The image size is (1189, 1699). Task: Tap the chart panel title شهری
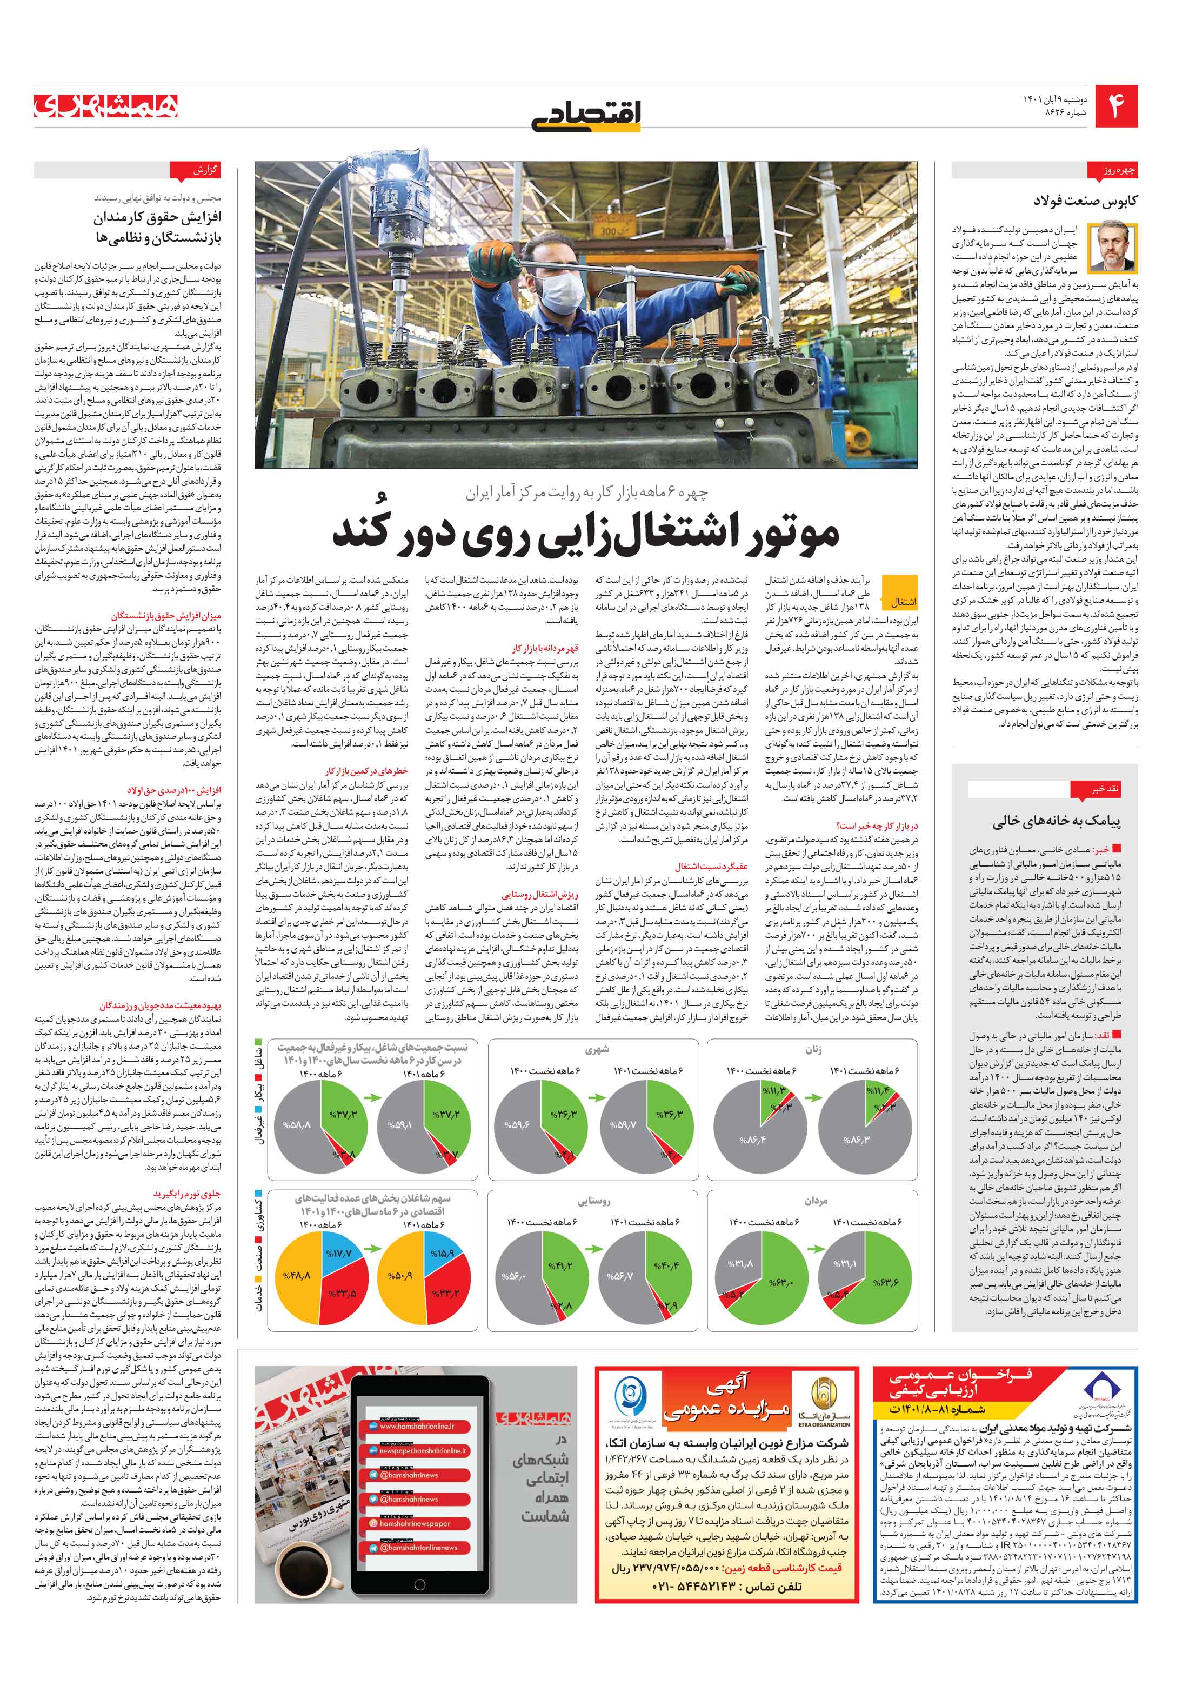click(x=596, y=1049)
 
